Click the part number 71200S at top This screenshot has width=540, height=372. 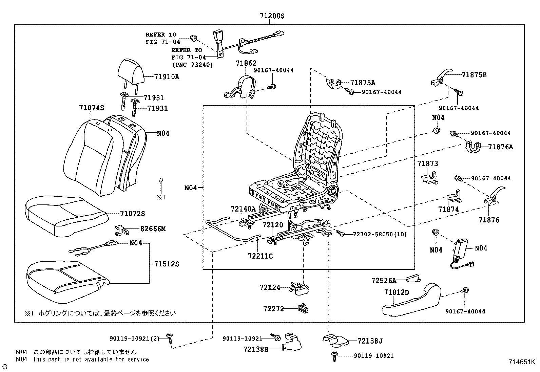(x=272, y=16)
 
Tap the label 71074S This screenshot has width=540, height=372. (x=91, y=108)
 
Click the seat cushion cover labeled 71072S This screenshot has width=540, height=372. (x=64, y=215)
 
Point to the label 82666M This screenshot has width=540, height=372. (x=153, y=229)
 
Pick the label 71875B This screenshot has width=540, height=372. (x=474, y=75)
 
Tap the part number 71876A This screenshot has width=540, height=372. (x=500, y=147)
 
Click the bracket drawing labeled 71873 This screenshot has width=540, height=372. (x=430, y=178)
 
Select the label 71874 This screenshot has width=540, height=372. (x=448, y=210)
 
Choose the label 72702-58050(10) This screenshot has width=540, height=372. (x=380, y=234)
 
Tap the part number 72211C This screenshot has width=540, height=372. (x=260, y=256)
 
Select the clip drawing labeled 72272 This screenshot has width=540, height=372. (x=303, y=308)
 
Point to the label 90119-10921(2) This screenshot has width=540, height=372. (x=135, y=338)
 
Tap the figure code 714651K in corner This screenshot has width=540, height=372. (x=521, y=362)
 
